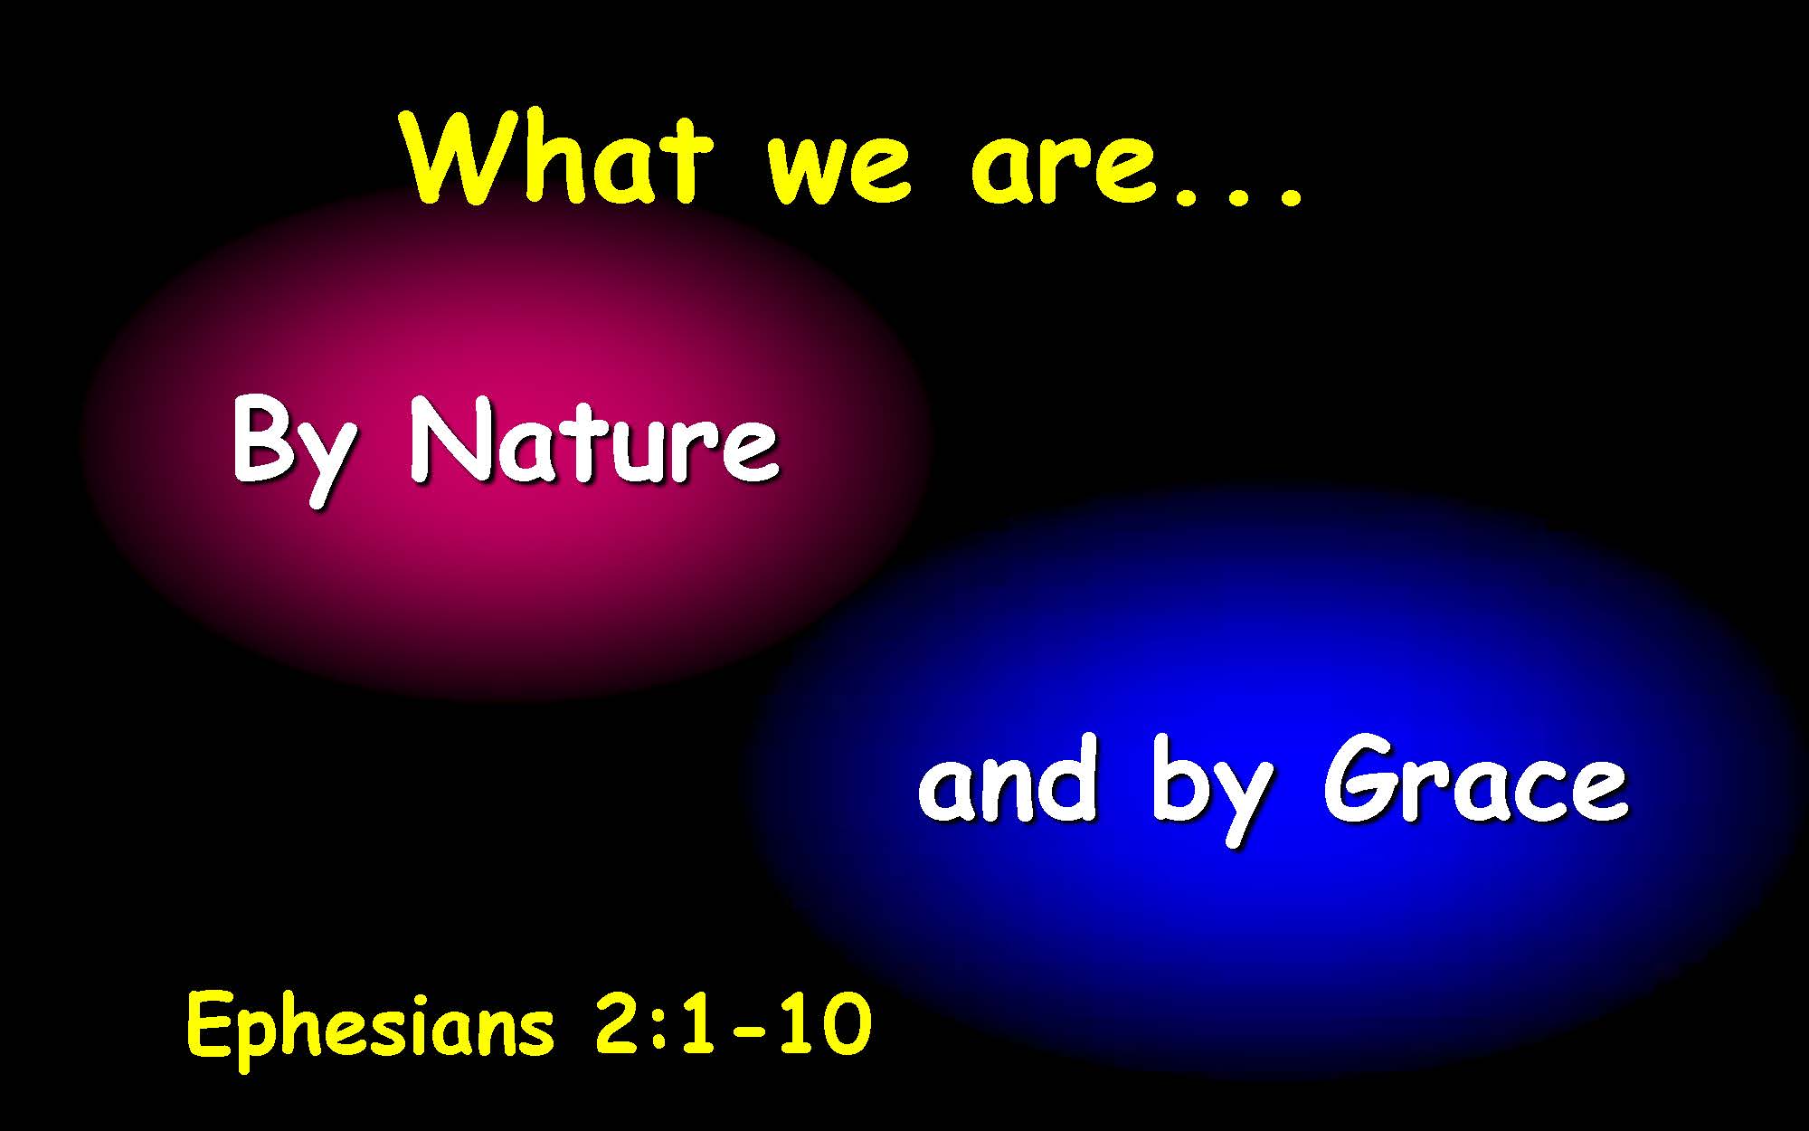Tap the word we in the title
tap(837, 169)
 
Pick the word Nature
tap(593, 440)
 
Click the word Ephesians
tap(370, 1027)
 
